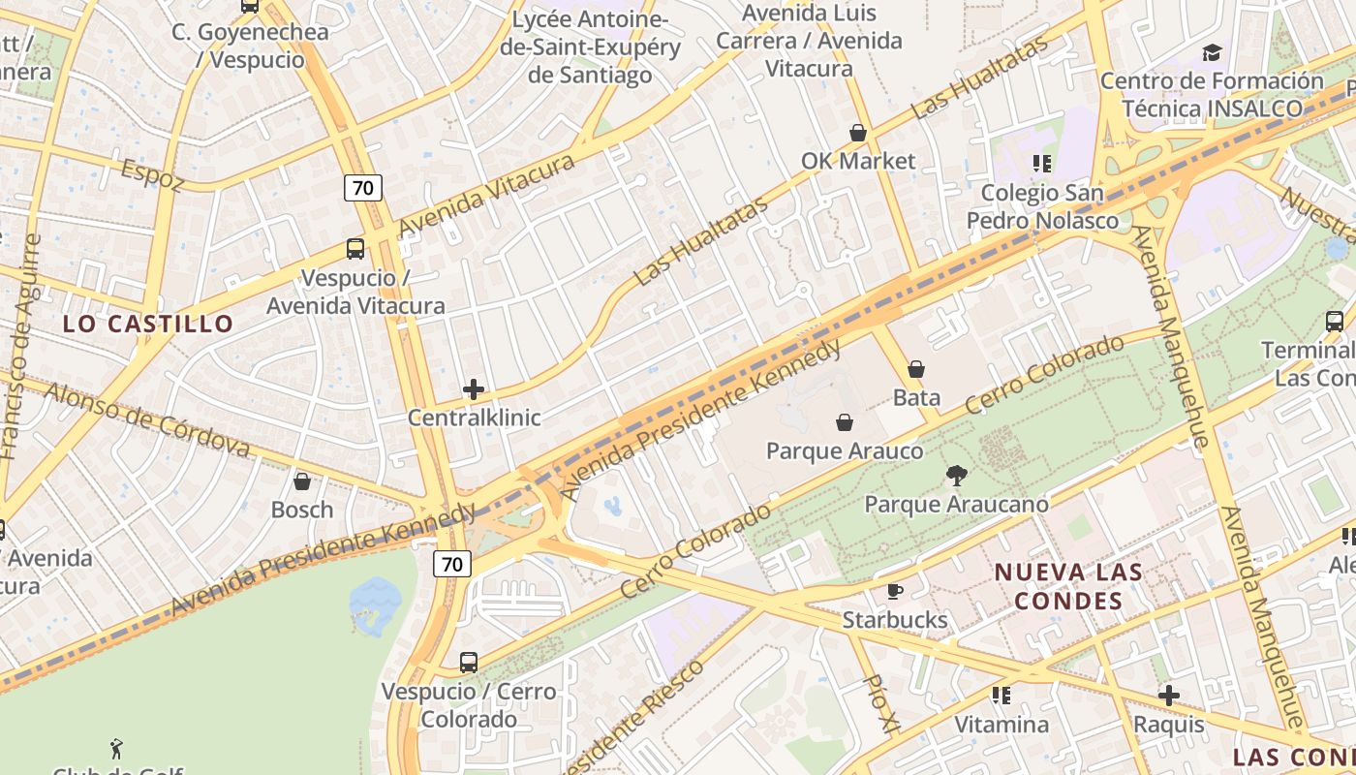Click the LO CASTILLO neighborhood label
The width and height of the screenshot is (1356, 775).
point(148,324)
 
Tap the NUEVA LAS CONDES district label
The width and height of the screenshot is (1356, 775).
point(1068,586)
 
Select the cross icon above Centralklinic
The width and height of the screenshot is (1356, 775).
point(474,389)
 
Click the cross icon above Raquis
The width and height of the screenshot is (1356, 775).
point(1169,696)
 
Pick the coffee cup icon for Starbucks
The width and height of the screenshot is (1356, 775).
point(894,591)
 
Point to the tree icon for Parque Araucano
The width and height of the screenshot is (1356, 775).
point(956,476)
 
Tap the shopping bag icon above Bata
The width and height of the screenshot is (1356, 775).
point(916,369)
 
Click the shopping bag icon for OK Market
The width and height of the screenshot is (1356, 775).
point(857,133)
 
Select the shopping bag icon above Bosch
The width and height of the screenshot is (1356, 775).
point(302,481)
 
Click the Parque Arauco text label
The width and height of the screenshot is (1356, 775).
point(845,451)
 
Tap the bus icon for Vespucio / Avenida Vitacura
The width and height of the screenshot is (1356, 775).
point(355,249)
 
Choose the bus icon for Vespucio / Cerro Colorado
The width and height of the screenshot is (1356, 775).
point(469,663)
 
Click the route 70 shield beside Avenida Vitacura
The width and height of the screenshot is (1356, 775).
point(363,187)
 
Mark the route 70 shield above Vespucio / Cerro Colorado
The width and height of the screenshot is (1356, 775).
point(452,563)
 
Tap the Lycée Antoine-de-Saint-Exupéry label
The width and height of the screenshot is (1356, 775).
point(590,46)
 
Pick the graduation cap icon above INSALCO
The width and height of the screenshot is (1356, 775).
point(1212,52)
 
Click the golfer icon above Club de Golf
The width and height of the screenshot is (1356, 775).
point(117,748)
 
